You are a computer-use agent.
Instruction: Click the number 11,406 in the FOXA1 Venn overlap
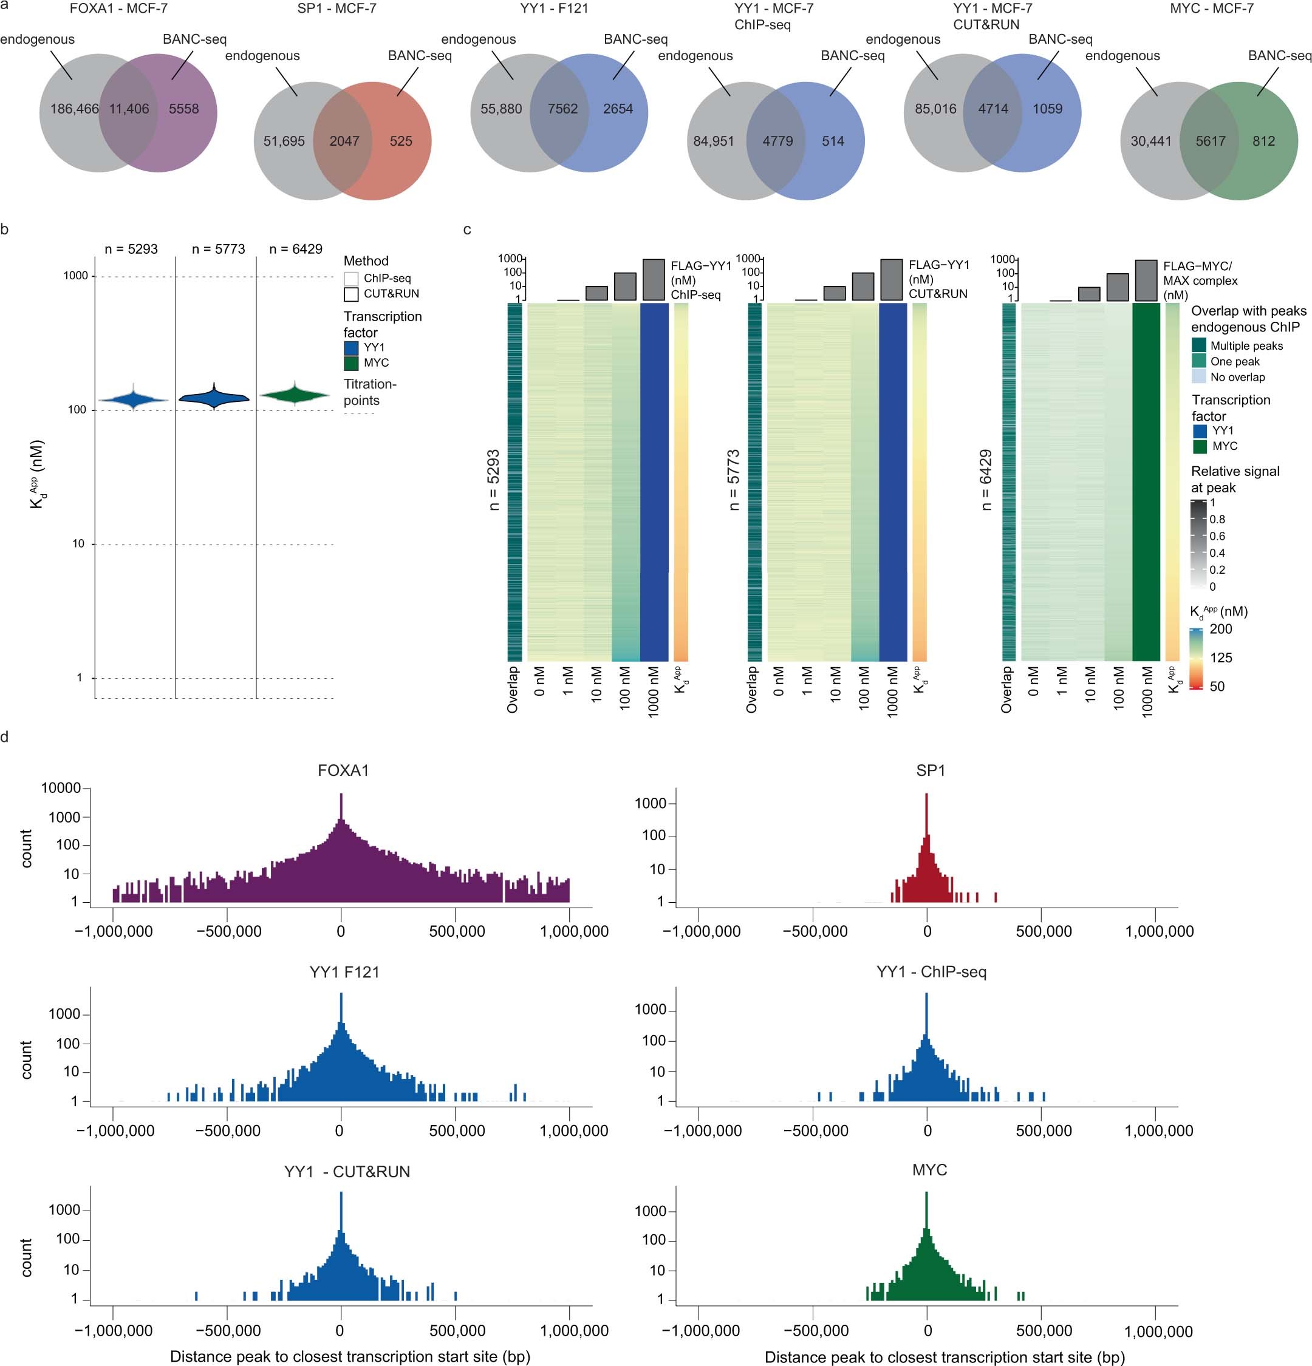(x=129, y=109)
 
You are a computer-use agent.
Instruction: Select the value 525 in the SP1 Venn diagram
(x=401, y=141)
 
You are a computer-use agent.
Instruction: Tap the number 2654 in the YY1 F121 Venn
(x=618, y=109)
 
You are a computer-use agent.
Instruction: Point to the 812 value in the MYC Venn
(x=1263, y=141)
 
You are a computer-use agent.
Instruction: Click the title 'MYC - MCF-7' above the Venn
(x=1212, y=9)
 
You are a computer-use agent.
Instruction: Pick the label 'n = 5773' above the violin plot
(x=218, y=249)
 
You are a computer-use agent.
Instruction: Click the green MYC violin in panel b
(x=295, y=395)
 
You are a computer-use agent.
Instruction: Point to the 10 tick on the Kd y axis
(x=79, y=543)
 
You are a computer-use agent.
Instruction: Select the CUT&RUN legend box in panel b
(x=351, y=294)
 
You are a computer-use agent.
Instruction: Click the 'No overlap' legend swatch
(x=1198, y=377)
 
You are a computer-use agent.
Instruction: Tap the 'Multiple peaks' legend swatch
(x=1198, y=345)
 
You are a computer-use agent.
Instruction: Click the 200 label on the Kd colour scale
(x=1221, y=628)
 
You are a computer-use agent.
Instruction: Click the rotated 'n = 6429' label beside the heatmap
(x=986, y=480)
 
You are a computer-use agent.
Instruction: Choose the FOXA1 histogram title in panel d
(x=343, y=771)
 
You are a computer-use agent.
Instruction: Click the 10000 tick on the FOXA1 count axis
(x=62, y=788)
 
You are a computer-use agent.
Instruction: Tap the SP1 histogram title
(x=930, y=771)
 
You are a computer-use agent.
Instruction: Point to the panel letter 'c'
(x=467, y=229)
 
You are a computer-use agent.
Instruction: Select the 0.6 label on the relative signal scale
(x=1217, y=536)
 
